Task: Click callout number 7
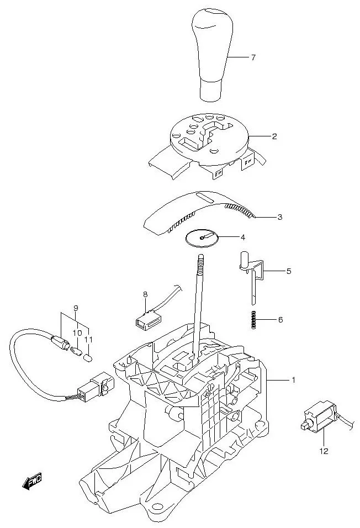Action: click(253, 57)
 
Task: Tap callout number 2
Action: click(274, 136)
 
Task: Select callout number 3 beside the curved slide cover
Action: click(279, 217)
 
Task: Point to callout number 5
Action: click(288, 272)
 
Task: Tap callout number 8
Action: click(145, 294)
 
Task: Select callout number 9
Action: click(76, 308)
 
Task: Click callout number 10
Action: click(77, 333)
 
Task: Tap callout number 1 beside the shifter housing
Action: click(293, 380)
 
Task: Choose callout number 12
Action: click(324, 451)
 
